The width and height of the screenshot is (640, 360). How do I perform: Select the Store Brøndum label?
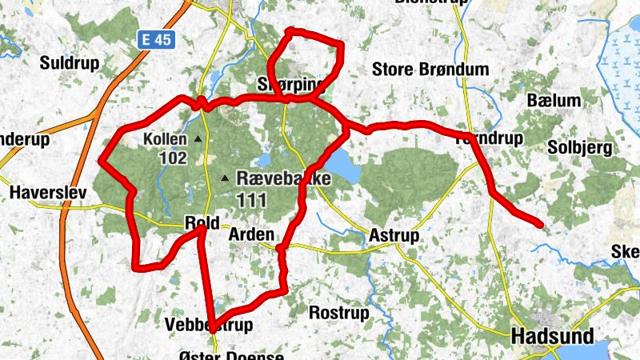pyautogui.click(x=430, y=70)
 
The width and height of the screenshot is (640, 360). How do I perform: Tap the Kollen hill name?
pyautogui.click(x=165, y=139)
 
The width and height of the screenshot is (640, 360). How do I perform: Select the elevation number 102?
pyautogui.click(x=172, y=158)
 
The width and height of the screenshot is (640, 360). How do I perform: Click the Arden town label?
pyautogui.click(x=251, y=235)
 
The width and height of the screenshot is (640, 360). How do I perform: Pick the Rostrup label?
pyautogui.click(x=336, y=311)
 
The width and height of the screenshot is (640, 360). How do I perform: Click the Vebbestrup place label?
pyautogui.click(x=207, y=325)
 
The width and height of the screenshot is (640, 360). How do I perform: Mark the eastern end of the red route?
pyautogui.click(x=542, y=224)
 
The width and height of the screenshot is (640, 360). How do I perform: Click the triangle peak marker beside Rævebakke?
pyautogui.click(x=226, y=178)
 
